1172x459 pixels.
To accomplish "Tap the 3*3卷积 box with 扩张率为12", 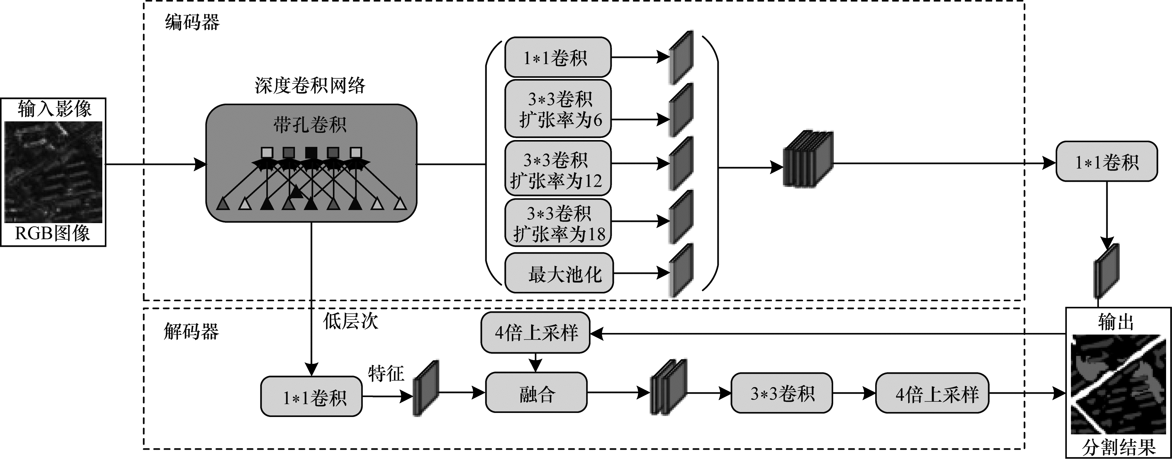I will coord(558,169).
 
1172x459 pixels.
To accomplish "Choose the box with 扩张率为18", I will coord(558,222).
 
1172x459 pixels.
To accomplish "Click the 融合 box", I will coord(536,393).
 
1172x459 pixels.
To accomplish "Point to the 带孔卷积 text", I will coord(310,125).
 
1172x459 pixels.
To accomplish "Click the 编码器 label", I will coord(192,22).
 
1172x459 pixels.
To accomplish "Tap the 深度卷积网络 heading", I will coord(310,85).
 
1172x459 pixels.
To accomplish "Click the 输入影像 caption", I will coord(54,109).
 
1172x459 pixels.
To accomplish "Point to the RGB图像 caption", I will coord(53,233).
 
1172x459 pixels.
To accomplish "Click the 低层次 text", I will coord(350,321).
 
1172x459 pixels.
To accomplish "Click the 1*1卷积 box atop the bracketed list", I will coord(558,57).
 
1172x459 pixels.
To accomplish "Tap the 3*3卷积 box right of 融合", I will coord(782,393).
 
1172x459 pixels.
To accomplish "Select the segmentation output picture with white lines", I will coord(1118,384).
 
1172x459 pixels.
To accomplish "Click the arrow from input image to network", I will coord(155,164).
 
